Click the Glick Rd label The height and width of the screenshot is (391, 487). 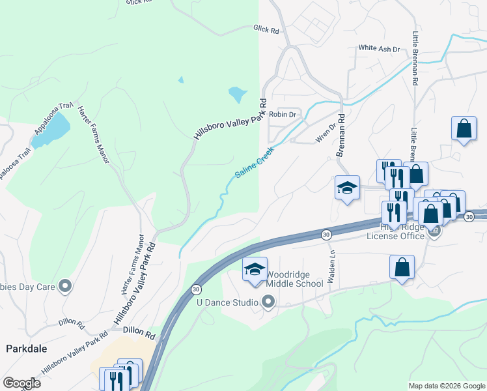266,29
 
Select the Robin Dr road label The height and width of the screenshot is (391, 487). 283,115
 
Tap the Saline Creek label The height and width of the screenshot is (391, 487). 255,162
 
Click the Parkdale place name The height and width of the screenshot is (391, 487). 26,349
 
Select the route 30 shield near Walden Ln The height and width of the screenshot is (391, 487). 326,234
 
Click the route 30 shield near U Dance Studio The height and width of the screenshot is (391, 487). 195,289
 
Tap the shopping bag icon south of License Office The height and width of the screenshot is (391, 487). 402,267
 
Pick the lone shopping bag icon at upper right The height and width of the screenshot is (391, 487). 464,128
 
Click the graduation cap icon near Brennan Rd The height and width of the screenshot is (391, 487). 348,188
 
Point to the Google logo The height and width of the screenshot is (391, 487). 21,383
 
